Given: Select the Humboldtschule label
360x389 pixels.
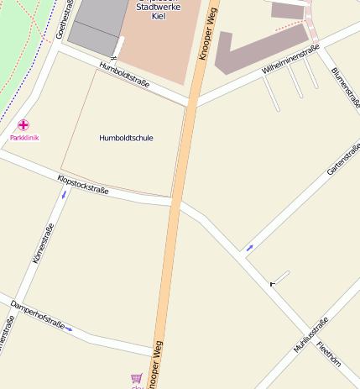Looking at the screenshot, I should point(126,138).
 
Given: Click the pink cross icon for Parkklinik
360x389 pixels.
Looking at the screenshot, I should point(23,124).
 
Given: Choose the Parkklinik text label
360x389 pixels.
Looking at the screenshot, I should point(24,137).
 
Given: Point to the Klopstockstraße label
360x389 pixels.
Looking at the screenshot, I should point(83,185).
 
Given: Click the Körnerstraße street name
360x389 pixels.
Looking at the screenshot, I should point(43,244).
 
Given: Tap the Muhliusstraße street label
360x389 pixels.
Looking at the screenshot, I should point(310,334).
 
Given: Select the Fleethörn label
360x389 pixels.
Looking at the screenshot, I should point(329,355).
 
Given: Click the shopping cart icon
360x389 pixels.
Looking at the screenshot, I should point(136,379).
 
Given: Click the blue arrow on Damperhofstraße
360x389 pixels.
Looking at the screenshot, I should point(70,329).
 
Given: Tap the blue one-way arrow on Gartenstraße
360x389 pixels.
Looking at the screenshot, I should point(249,248).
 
